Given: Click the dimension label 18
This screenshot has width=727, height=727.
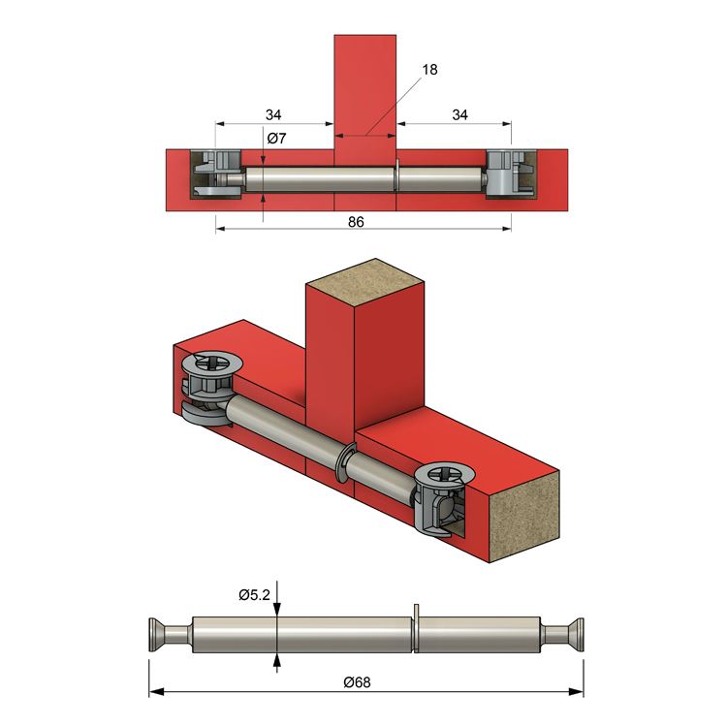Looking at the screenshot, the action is pyautogui.click(x=429, y=70).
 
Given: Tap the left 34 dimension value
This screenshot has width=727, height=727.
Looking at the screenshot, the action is pyautogui.click(x=273, y=115).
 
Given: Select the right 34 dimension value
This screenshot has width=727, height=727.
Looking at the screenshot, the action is pyautogui.click(x=459, y=115).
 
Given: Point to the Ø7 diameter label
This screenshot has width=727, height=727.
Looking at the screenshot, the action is pyautogui.click(x=277, y=139).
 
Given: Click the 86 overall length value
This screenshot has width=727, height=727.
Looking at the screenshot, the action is pyautogui.click(x=356, y=222).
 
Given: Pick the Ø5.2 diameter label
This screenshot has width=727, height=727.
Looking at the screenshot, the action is pyautogui.click(x=255, y=595).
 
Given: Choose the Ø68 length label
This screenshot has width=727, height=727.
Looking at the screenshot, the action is pyautogui.click(x=358, y=682).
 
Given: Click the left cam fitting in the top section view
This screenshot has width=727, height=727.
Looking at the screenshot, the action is pyautogui.click(x=217, y=174).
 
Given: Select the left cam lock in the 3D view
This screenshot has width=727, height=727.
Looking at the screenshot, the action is pyautogui.click(x=207, y=389).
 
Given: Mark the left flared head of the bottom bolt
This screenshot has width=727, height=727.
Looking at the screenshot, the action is pyautogui.click(x=159, y=635).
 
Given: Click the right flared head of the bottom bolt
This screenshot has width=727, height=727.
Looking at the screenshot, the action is pyautogui.click(x=574, y=635).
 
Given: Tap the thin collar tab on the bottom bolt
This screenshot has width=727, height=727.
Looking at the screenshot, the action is pyautogui.click(x=417, y=628).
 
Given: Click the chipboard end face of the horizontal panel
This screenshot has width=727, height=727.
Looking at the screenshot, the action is pyautogui.click(x=524, y=517).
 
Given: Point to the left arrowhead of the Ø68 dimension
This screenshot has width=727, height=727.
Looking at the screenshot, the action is pyautogui.click(x=156, y=692).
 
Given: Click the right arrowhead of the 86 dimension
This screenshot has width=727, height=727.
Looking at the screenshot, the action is pyautogui.click(x=507, y=229).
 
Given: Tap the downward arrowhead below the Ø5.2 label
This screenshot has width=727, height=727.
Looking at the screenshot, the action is pyautogui.click(x=277, y=610).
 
